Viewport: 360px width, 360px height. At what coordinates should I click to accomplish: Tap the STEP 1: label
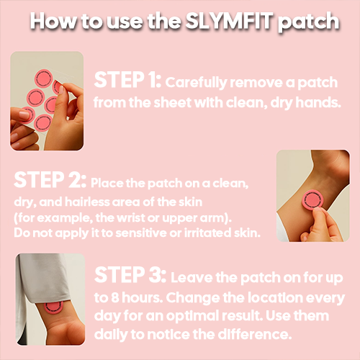click(127, 80)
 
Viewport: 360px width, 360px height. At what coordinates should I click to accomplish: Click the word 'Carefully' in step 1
click(194, 81)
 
